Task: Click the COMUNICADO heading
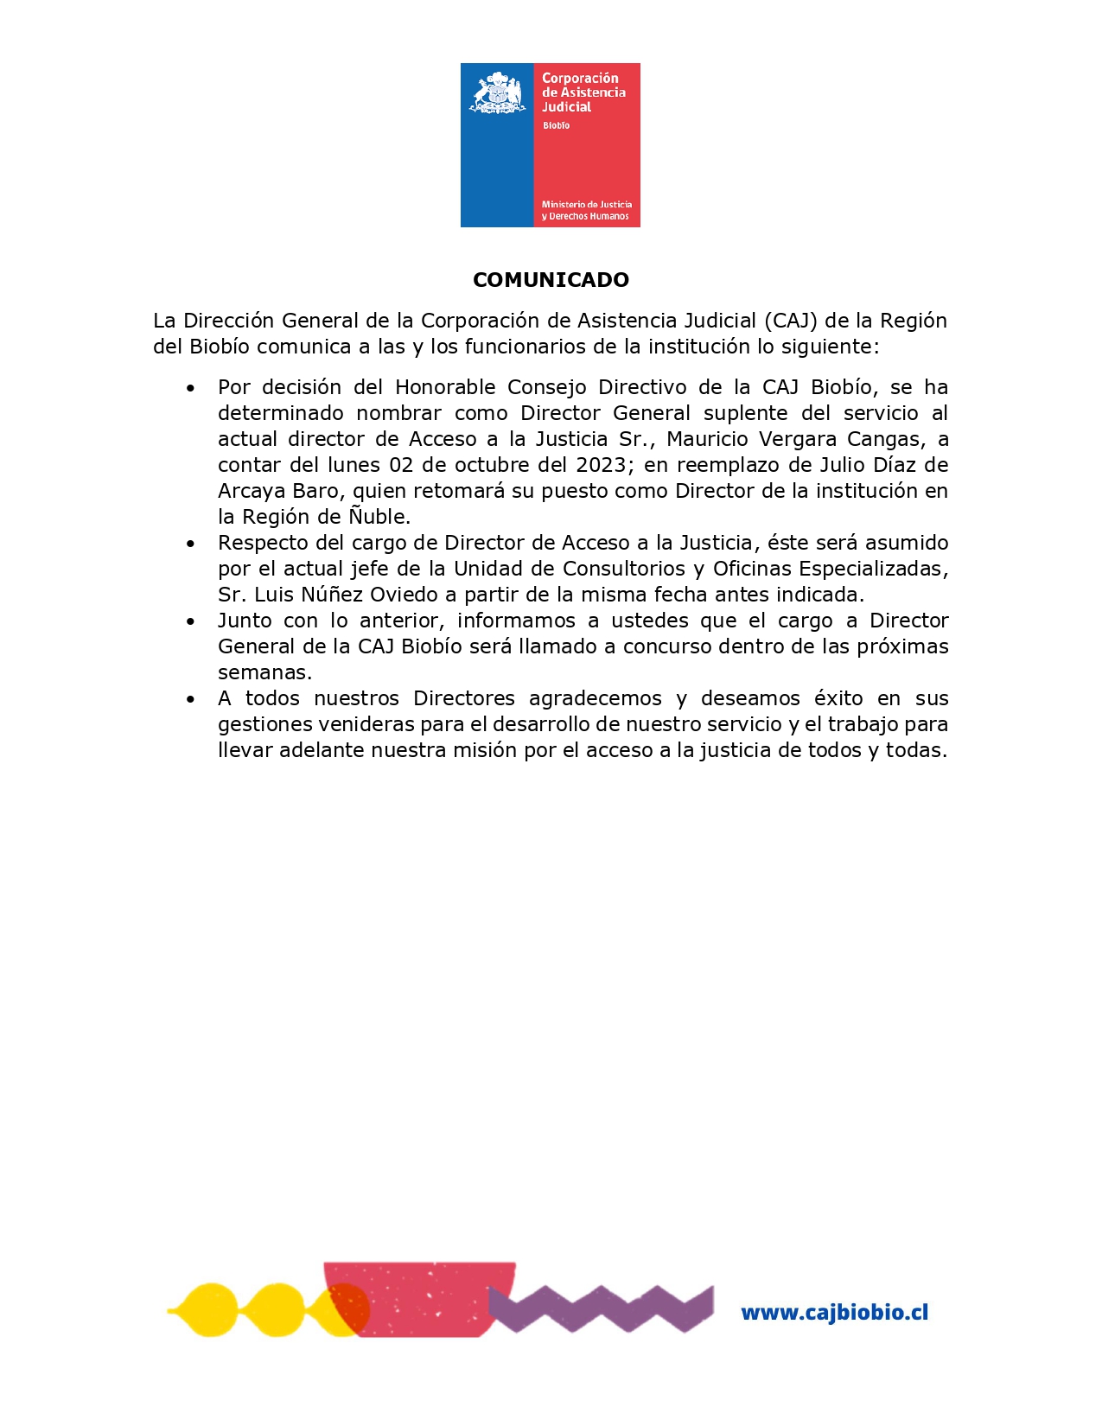[551, 280]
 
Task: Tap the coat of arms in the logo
[497, 93]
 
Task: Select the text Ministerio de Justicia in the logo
[586, 205]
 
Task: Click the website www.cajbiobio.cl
[834, 1313]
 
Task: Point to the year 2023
[601, 465]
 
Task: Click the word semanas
[264, 672]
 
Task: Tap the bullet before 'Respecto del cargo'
[190, 544]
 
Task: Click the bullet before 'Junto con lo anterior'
[190, 621]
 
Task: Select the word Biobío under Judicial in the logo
[556, 126]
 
